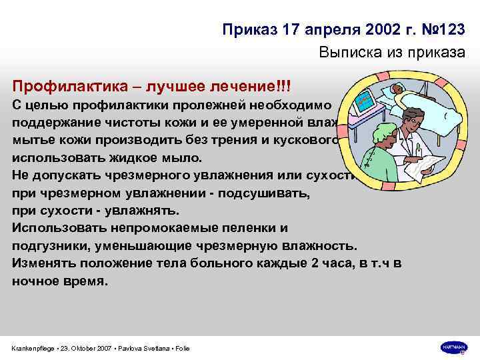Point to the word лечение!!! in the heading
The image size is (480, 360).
pyautogui.click(x=256, y=87)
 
